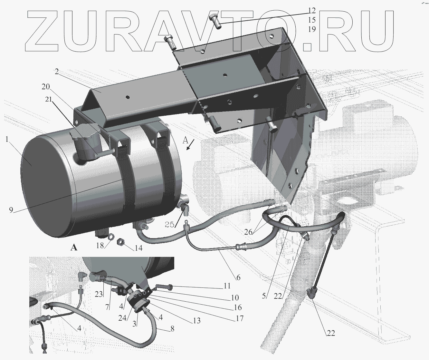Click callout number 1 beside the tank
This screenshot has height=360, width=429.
[7, 140]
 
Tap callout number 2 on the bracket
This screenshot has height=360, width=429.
[57, 72]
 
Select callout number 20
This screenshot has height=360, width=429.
[46, 87]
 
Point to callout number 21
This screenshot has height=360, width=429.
[49, 99]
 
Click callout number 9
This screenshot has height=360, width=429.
[11, 210]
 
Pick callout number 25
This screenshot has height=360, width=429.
[169, 225]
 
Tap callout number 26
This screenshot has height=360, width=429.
[248, 232]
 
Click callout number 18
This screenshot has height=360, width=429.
[100, 245]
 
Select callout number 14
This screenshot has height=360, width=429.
[138, 248]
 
